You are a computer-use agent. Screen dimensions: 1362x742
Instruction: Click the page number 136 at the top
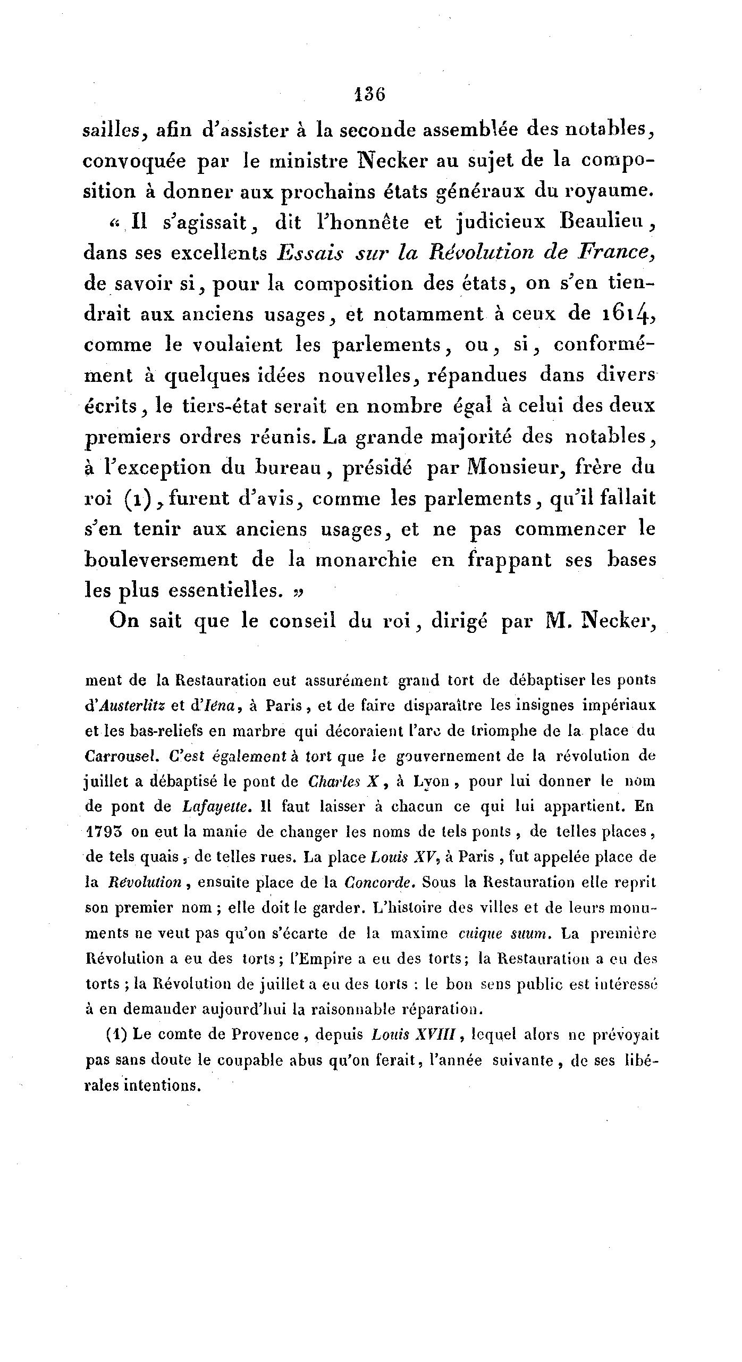tap(369, 95)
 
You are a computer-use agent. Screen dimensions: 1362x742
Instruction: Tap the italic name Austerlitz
tap(132, 706)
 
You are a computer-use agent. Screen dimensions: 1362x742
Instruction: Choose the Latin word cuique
tap(477, 933)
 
